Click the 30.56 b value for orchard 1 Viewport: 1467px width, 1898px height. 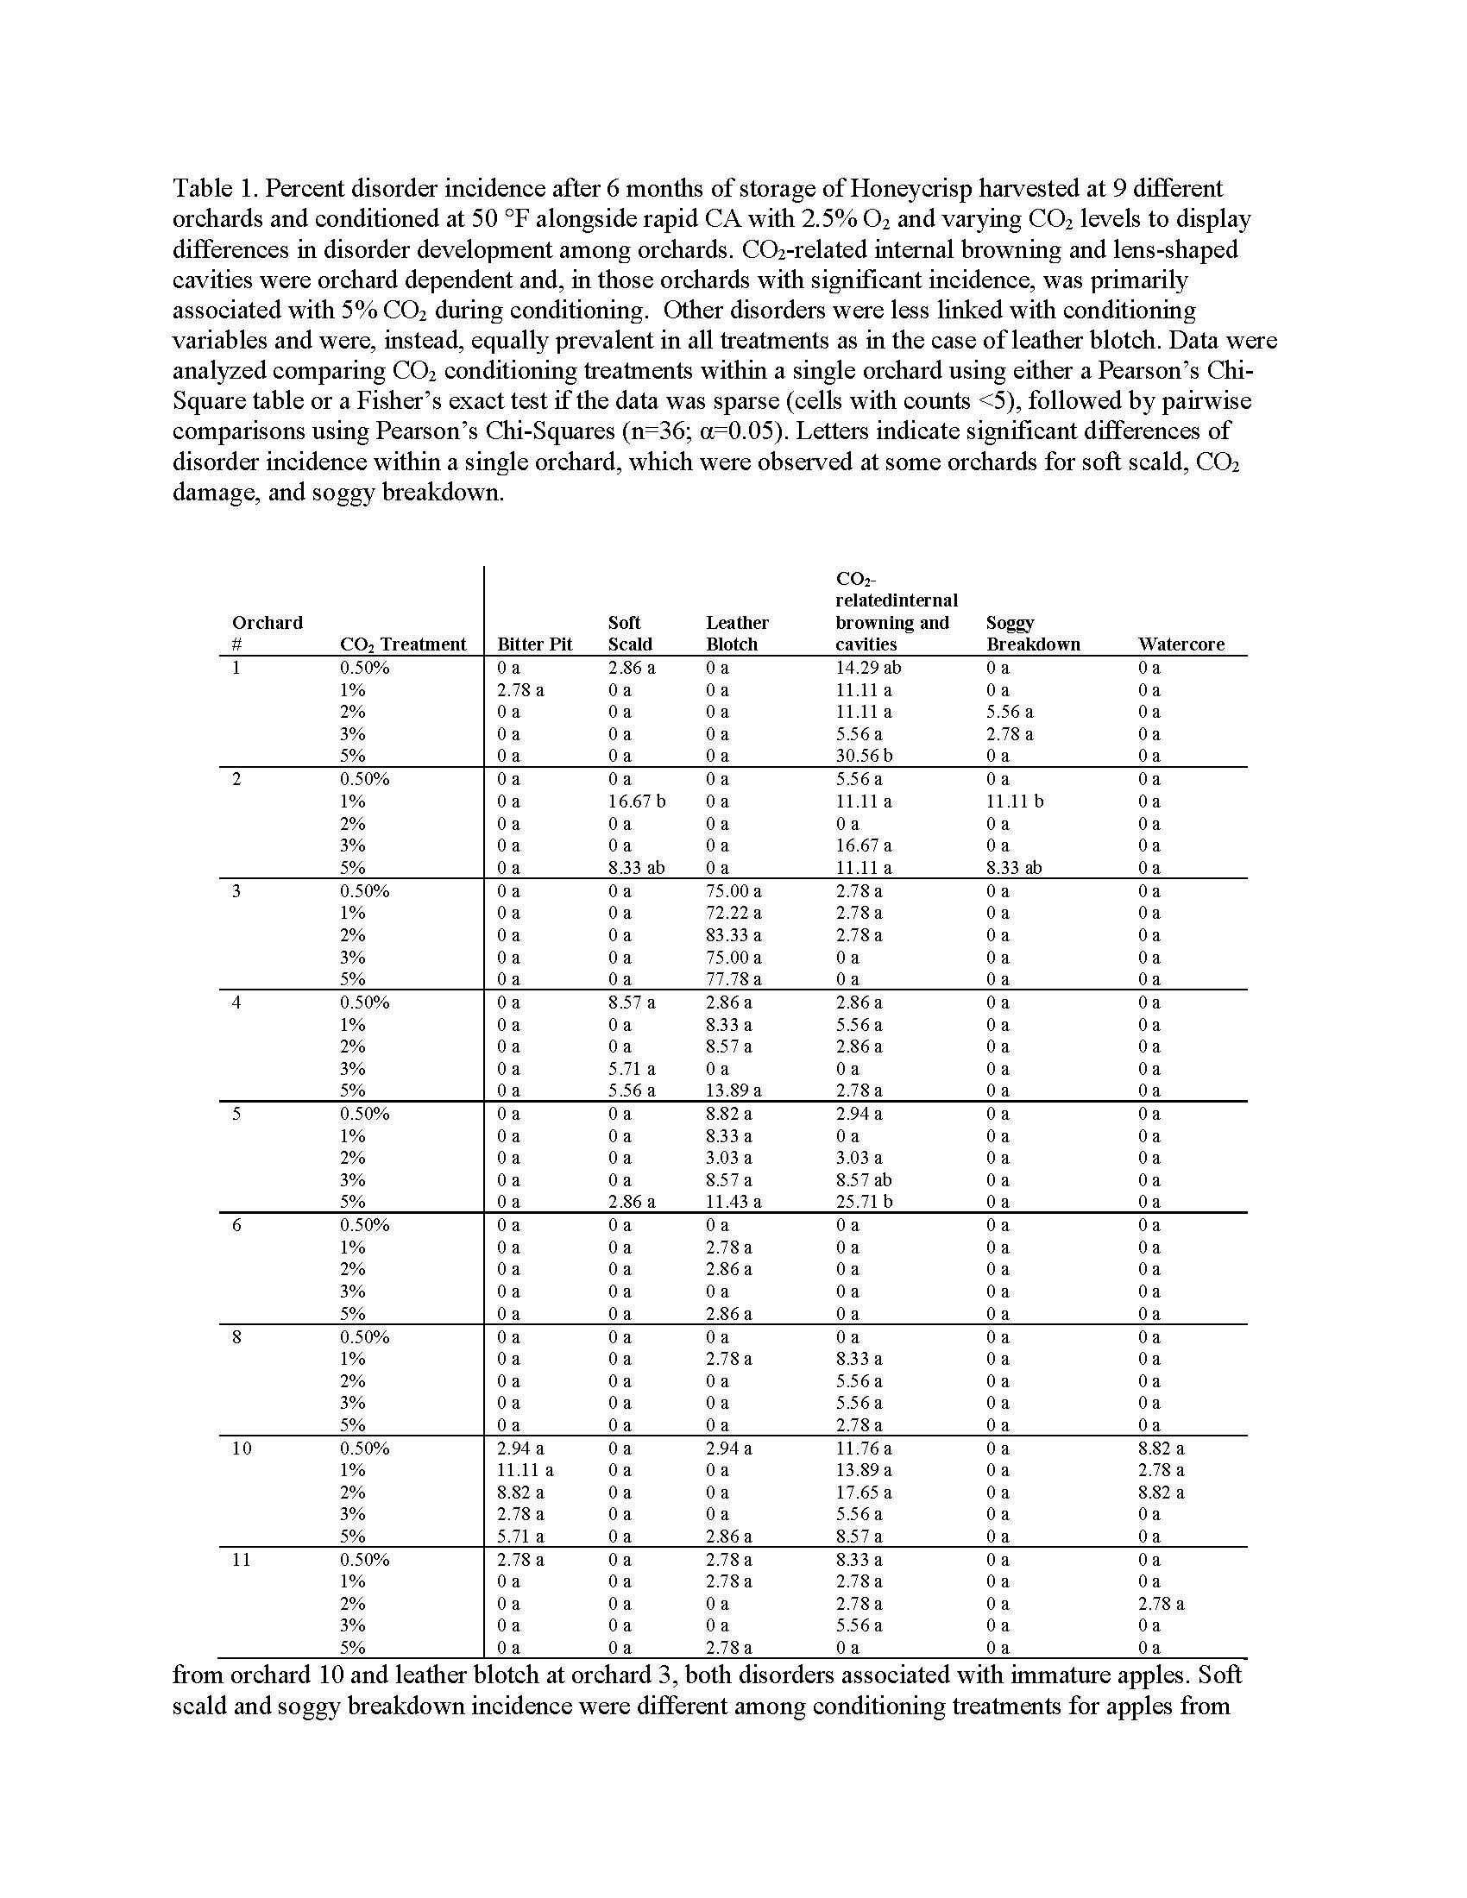[864, 756]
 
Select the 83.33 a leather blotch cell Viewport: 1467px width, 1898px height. [733, 935]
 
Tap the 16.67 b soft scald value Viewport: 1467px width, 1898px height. [636, 801]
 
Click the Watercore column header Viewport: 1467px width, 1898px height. [1181, 644]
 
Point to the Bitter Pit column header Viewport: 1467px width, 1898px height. [534, 644]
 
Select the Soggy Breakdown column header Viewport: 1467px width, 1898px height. [1033, 633]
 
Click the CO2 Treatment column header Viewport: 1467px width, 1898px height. [402, 644]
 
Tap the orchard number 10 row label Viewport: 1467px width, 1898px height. [242, 1448]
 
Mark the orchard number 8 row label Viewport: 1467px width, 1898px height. [236, 1336]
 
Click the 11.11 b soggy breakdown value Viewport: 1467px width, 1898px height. [1014, 801]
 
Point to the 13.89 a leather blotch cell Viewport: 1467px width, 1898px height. [733, 1090]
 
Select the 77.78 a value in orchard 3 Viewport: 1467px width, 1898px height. [733, 979]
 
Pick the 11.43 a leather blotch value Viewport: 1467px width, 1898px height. [733, 1202]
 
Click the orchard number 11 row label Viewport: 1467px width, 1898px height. [242, 1560]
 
